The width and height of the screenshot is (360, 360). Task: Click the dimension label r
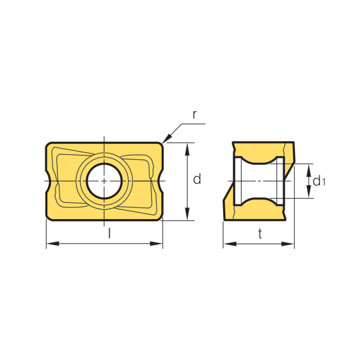(194, 115)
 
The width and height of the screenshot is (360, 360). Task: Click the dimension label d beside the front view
(197, 179)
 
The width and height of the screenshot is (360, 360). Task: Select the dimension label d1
(319, 181)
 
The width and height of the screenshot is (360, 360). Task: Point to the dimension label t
(260, 234)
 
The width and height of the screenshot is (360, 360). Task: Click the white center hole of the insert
(104, 181)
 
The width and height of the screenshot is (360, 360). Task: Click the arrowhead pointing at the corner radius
(166, 139)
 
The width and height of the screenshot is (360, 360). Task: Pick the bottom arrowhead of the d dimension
(187, 214)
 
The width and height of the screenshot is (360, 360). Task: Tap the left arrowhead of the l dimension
(53, 243)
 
